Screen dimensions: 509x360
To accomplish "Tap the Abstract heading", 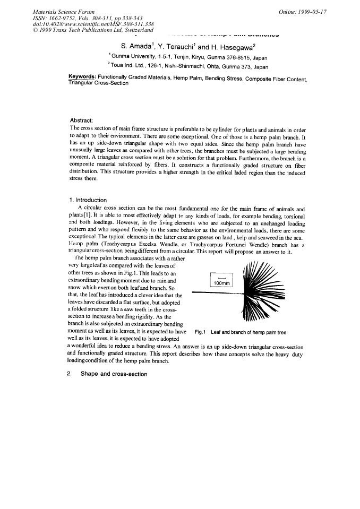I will [x=82, y=120].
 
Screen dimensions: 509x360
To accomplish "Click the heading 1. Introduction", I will [x=88, y=200].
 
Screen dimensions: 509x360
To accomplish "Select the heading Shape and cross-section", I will [x=114, y=374].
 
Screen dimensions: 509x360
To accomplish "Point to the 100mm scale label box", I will [x=225, y=281].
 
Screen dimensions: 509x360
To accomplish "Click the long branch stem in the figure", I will [x=212, y=292].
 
